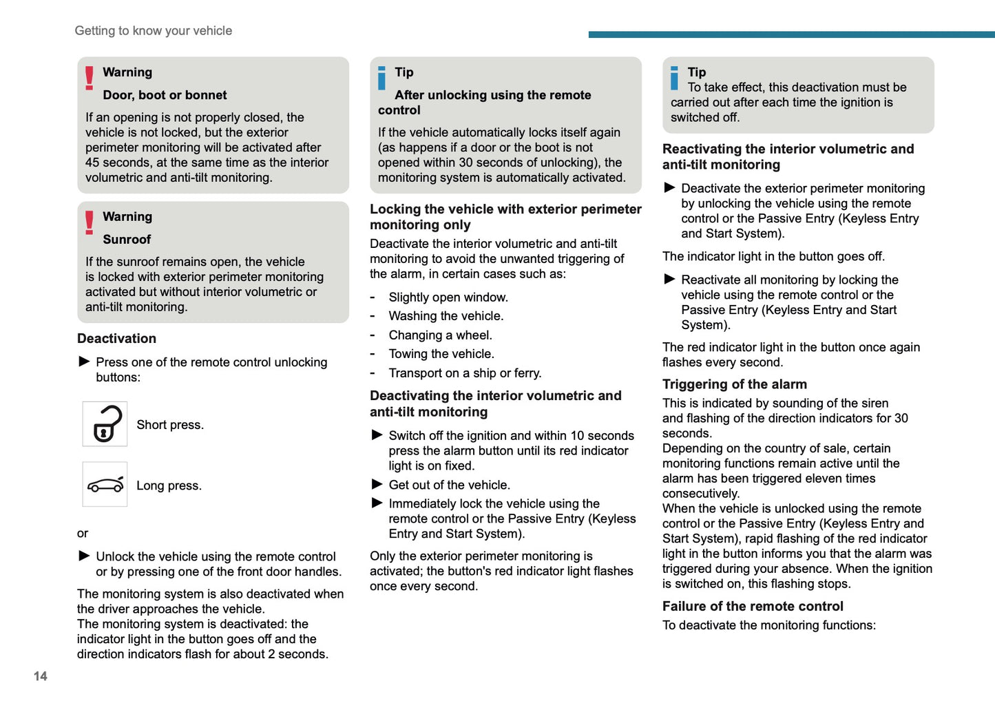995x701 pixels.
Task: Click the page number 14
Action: tap(41, 676)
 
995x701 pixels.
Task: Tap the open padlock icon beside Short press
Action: tap(105, 424)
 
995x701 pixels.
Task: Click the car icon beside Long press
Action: tap(105, 485)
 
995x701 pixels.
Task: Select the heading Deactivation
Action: tap(116, 338)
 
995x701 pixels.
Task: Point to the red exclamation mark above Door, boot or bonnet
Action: tap(90, 78)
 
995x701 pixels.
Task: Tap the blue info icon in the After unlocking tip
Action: tap(382, 78)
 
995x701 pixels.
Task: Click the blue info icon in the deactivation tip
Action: tap(675, 78)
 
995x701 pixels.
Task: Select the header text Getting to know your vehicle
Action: tap(153, 31)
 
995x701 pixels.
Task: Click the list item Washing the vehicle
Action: tap(446, 316)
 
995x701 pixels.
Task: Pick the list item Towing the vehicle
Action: tap(441, 354)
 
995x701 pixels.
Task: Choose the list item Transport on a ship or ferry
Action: tap(465, 373)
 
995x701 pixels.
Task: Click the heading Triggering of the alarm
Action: tap(734, 384)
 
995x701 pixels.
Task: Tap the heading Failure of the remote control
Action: tap(752, 606)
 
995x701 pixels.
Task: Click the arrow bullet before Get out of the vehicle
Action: tap(377, 484)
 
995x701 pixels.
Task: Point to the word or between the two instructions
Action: tap(83, 534)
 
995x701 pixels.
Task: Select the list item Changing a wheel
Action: tap(440, 335)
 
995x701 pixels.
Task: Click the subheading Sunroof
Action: tap(127, 240)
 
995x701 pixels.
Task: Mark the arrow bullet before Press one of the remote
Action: tap(84, 362)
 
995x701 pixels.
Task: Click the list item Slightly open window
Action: tap(448, 297)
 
